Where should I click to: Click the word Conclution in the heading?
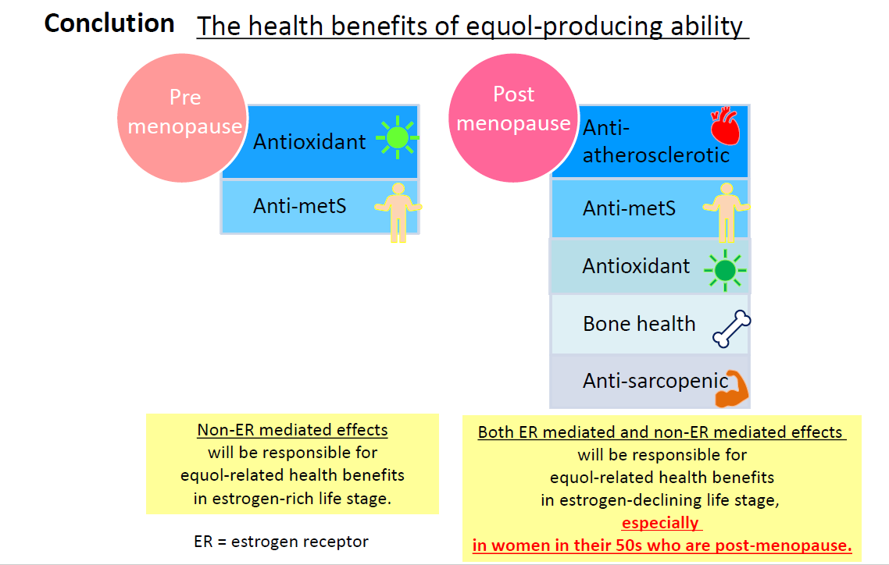109,23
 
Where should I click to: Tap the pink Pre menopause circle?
182,118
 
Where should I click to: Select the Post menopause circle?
513,118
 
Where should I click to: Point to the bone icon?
731,329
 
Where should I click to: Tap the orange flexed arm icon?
731,389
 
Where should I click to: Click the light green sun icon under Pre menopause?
398,137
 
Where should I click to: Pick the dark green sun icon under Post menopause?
725,271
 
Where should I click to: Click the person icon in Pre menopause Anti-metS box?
398,212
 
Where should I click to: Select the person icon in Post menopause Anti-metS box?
727,212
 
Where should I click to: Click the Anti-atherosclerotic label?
656,141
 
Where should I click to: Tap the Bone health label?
639,324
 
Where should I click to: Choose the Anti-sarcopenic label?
655,381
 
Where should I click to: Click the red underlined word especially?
661,523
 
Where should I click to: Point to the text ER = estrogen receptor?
281,542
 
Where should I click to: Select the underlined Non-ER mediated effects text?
292,430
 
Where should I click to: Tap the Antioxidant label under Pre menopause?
309,141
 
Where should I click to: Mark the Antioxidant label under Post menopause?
636,266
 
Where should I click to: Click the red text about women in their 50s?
662,545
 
